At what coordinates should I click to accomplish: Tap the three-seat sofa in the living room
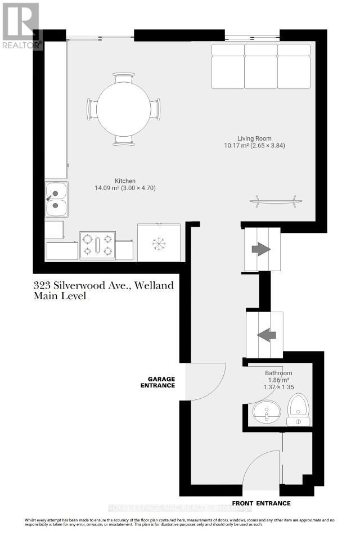261,66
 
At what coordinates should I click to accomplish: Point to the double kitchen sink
56,200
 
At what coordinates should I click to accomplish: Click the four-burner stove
97,245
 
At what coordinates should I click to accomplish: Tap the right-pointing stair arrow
261,249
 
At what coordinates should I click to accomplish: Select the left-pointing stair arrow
267,335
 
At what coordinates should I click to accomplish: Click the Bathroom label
278,373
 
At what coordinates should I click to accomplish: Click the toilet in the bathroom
298,409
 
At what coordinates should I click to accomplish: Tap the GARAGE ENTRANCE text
157,382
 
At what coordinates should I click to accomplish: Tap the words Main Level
60,296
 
